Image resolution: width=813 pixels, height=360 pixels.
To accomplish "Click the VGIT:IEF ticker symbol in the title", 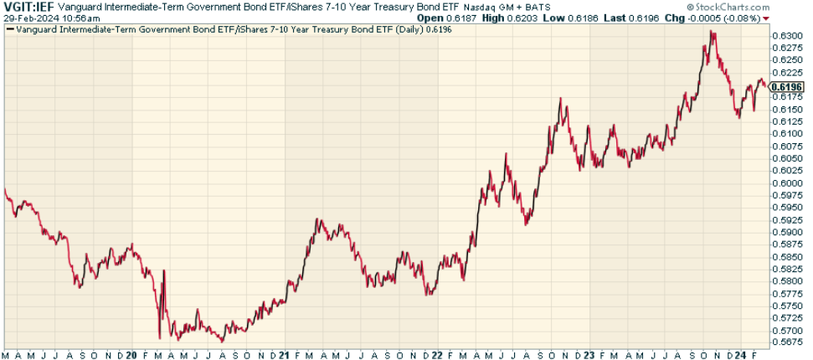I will pos(28,7).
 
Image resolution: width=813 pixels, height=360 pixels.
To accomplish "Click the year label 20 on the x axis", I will pos(131,354).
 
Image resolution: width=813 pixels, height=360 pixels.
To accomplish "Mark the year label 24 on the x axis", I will pos(740,354).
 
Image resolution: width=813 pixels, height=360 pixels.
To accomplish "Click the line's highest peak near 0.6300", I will pos(711,32).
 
